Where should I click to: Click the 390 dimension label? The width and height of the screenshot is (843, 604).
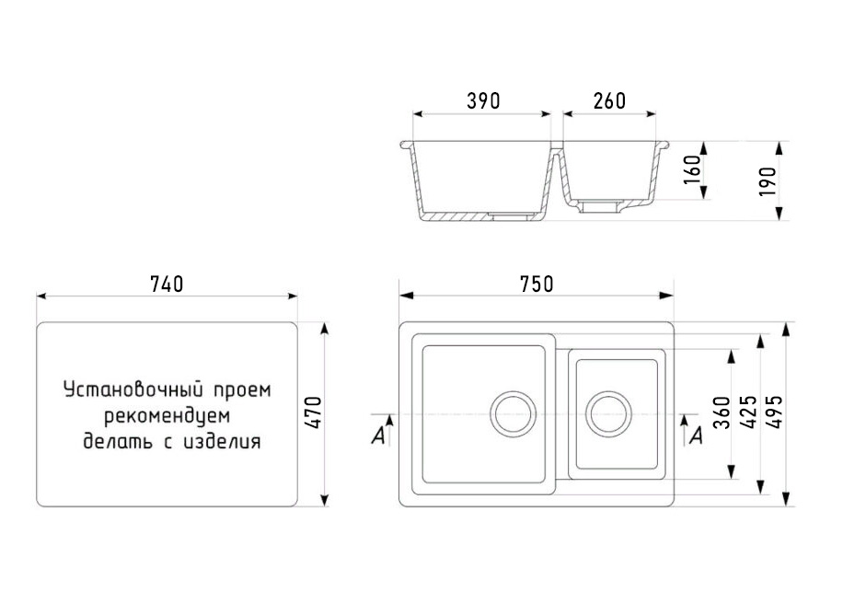tap(482, 101)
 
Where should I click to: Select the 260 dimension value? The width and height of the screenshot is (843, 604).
tap(608, 101)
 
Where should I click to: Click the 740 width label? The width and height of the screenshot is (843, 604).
tap(167, 284)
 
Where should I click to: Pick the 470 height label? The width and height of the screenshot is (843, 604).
tap(313, 413)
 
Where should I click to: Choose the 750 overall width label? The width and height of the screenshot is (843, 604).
tap(536, 285)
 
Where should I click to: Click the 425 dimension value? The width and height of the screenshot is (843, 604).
tap(747, 414)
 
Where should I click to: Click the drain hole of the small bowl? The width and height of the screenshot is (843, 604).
tap(607, 413)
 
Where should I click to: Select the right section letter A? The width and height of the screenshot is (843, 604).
tap(696, 436)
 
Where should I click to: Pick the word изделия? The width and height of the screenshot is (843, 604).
tap(223, 442)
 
